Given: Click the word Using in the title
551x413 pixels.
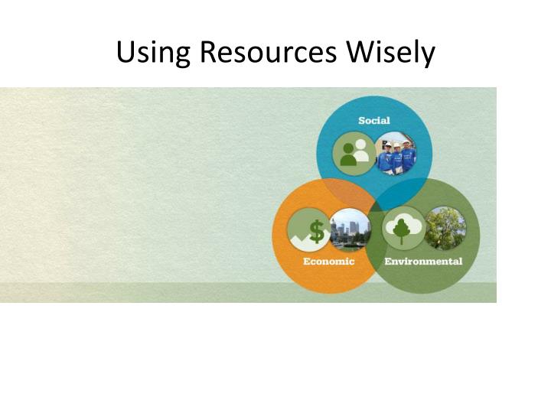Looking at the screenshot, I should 154,52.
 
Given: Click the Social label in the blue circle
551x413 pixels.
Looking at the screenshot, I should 374,121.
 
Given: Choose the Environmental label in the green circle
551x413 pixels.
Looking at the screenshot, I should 423,262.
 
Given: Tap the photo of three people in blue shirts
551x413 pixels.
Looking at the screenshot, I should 396,153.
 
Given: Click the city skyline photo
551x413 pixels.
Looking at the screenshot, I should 350,229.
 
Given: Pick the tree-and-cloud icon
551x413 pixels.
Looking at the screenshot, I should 403,227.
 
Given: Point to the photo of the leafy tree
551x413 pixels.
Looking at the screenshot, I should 445,227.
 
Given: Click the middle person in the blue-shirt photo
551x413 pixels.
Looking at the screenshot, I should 396,154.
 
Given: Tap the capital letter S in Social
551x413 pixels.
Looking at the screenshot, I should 362,121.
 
